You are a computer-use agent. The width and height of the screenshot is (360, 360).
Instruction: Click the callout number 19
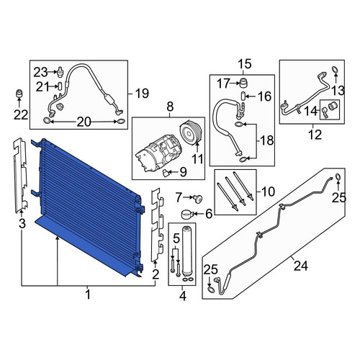coord(142,93)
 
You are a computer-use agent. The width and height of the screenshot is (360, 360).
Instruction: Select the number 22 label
coord(21,115)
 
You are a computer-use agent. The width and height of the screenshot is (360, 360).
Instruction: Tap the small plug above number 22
coord(19,94)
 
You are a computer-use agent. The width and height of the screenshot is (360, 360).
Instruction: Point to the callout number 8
coord(170,107)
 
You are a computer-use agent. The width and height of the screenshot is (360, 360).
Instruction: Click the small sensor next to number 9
coord(166,173)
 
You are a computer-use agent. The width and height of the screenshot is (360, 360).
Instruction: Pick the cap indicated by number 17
coord(244,83)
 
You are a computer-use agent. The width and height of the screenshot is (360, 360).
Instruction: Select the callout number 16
coord(264,96)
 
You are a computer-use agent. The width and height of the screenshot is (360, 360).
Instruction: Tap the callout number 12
coord(315,135)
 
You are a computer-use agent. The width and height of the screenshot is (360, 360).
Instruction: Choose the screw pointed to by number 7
coord(199,199)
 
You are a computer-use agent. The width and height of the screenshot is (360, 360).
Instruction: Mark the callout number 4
coord(183,296)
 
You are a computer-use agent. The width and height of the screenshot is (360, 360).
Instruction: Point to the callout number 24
coord(300,266)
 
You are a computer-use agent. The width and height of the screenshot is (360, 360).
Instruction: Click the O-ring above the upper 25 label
coord(338,177)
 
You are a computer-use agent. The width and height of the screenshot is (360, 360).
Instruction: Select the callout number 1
coord(88,294)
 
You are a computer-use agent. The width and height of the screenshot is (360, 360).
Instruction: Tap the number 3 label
coord(22,224)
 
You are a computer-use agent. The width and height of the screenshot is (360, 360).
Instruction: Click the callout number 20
coord(84,122)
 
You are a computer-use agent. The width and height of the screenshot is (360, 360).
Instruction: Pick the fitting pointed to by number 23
coord(60,72)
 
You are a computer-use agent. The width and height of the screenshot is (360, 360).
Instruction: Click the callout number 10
coord(268,192)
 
